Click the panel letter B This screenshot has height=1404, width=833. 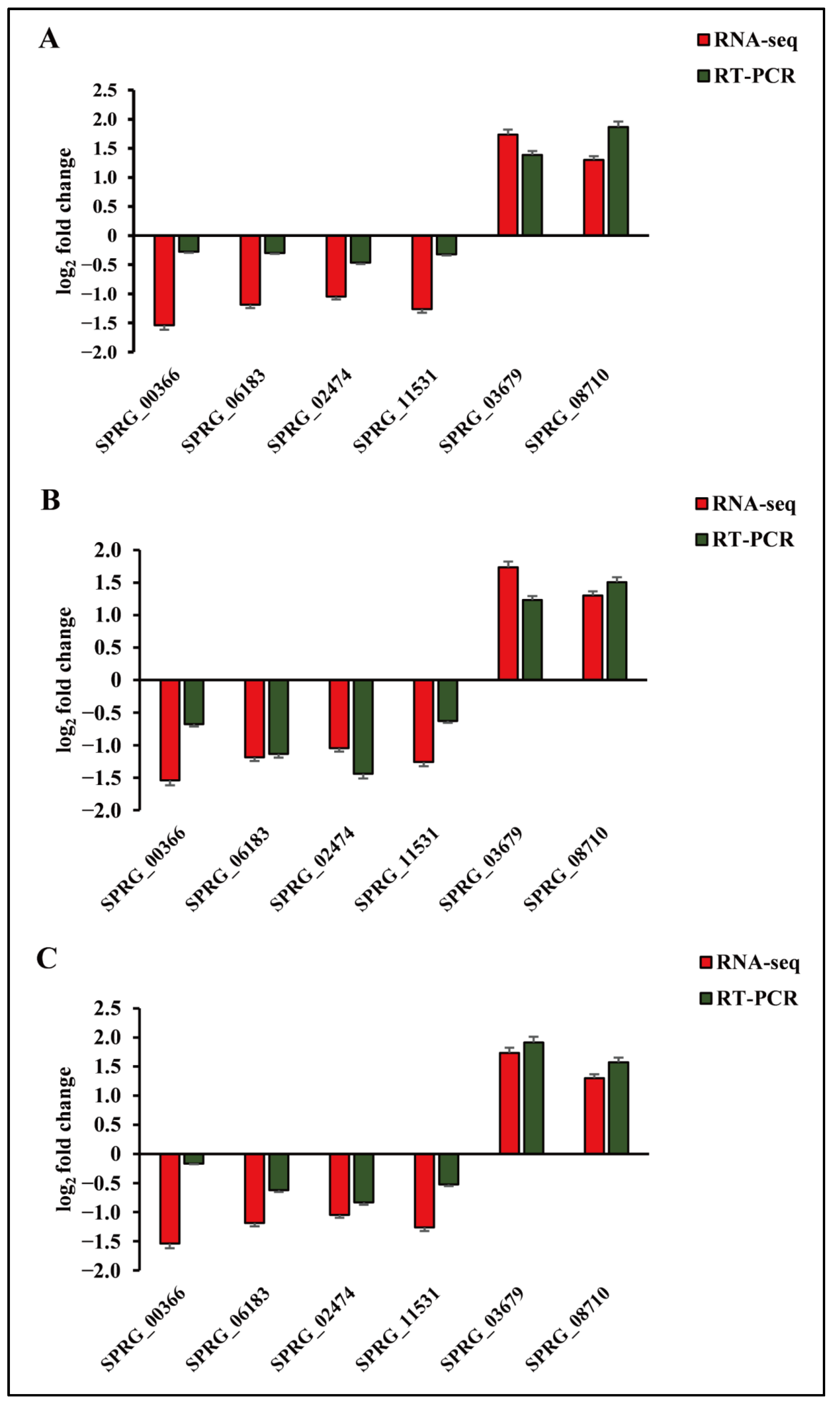pos(51,500)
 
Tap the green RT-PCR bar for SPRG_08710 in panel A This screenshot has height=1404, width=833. pos(618,181)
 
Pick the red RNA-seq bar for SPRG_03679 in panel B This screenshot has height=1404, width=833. pos(508,623)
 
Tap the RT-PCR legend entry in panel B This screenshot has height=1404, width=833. pos(745,539)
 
